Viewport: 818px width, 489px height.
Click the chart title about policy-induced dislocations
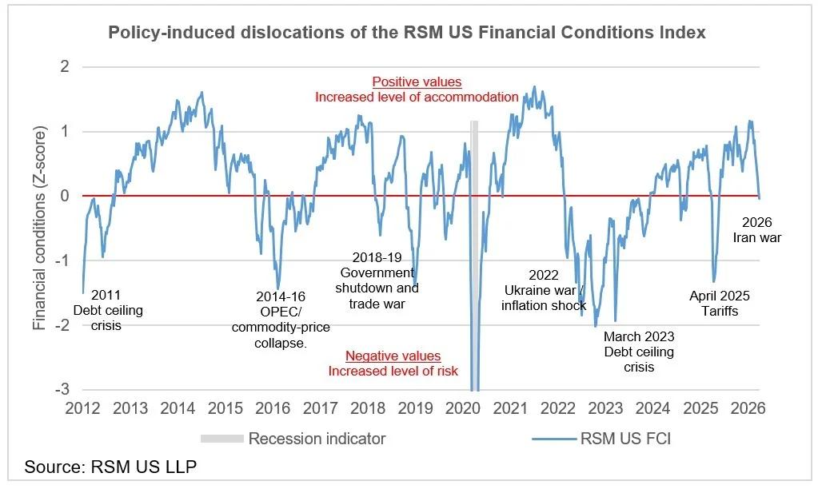[x=408, y=34]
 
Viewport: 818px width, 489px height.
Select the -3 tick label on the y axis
[x=63, y=390]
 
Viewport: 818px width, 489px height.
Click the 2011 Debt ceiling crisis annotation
[x=108, y=310]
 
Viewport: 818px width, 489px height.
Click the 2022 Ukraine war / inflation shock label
[x=544, y=290]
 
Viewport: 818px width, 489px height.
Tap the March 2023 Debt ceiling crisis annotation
[x=639, y=352]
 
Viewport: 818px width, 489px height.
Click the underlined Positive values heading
[x=417, y=82]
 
